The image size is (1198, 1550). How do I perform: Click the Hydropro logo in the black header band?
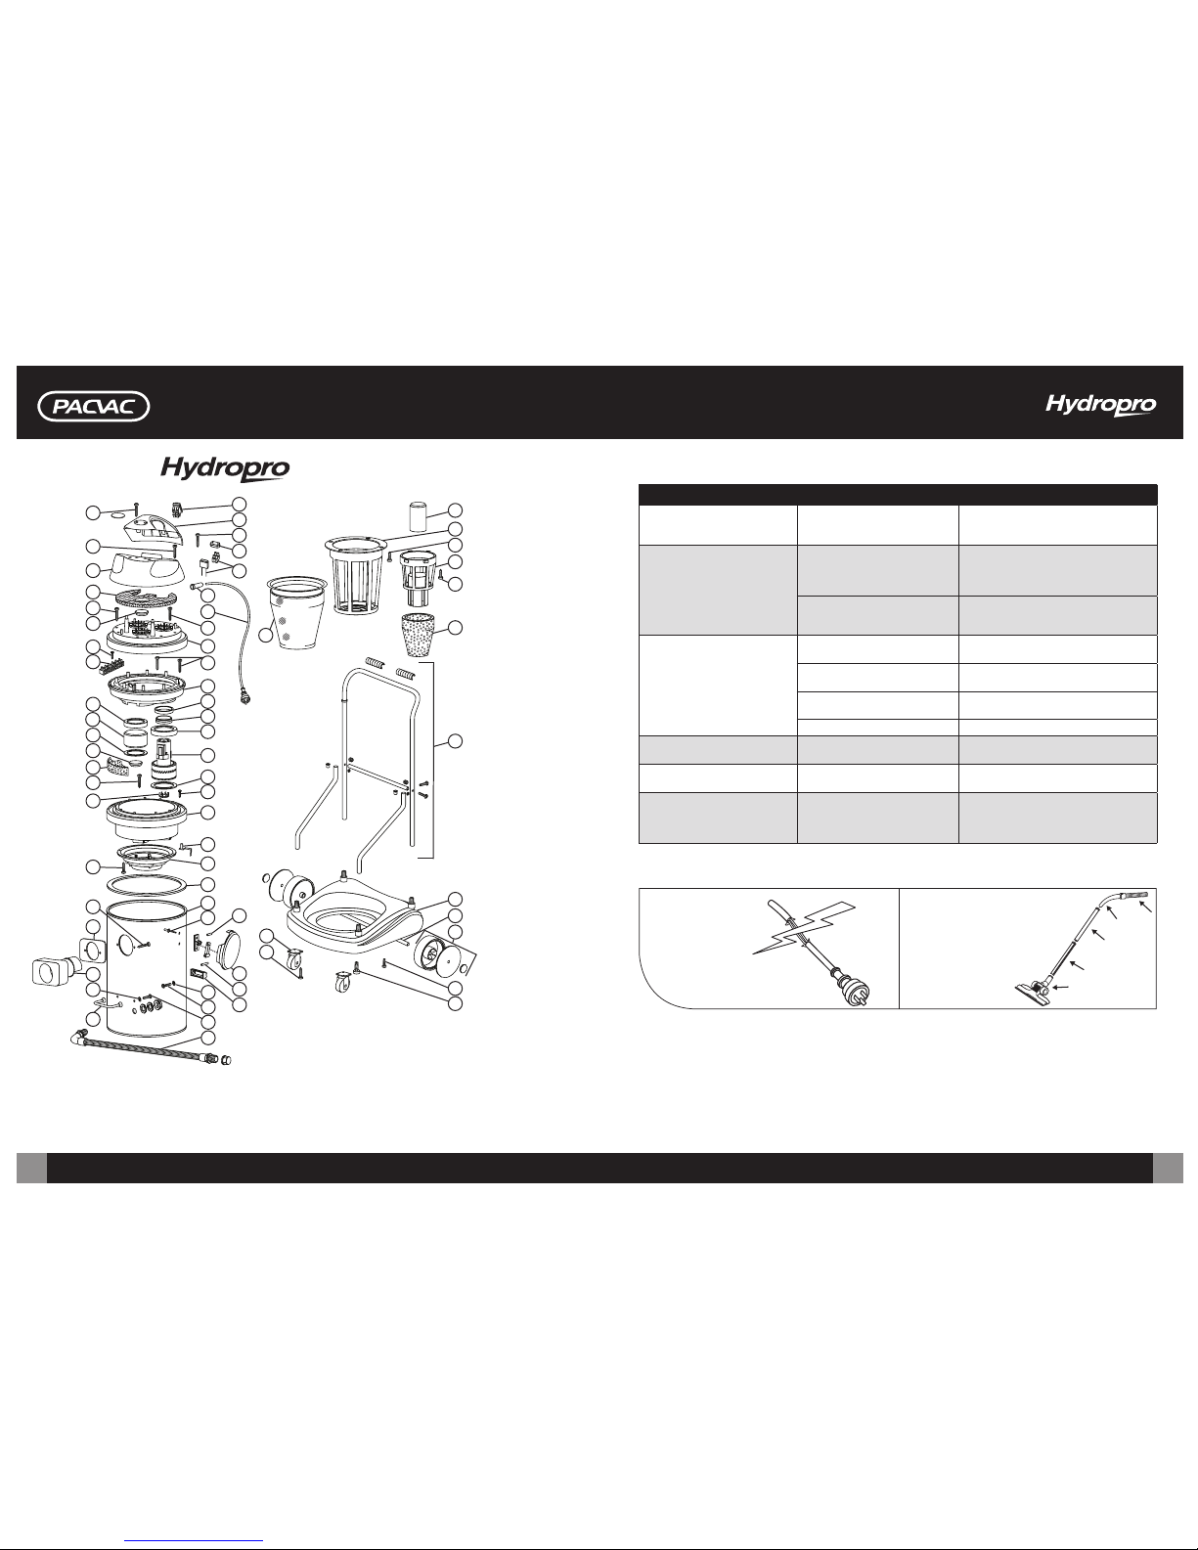click(x=1101, y=405)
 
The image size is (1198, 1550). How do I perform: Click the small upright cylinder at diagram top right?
click(x=418, y=516)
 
